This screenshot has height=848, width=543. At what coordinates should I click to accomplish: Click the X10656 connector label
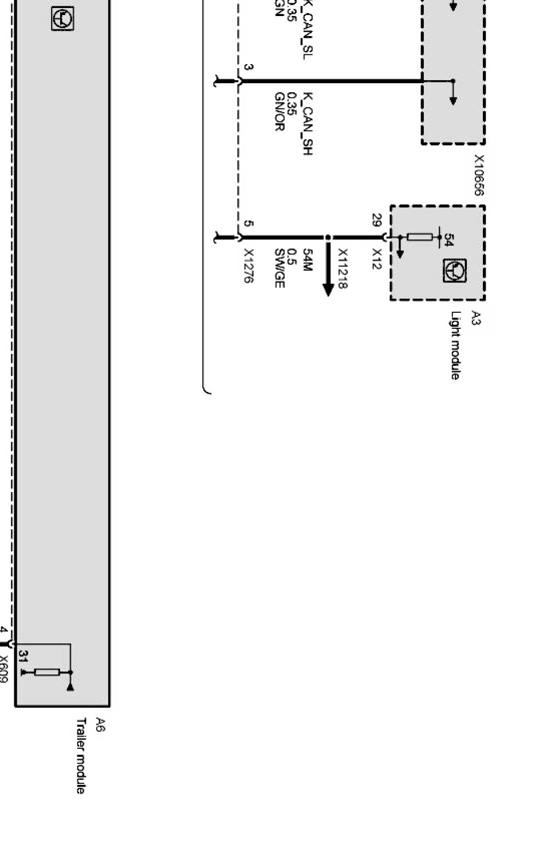[479, 175]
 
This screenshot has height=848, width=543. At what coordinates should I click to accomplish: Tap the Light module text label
[455, 346]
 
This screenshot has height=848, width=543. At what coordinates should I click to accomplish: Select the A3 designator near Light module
[475, 319]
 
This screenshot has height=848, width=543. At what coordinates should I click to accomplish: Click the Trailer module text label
[81, 756]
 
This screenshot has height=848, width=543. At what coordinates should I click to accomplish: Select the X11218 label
[343, 269]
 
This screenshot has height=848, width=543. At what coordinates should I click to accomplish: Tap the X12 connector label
[376, 259]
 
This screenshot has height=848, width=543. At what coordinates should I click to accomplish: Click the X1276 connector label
[249, 266]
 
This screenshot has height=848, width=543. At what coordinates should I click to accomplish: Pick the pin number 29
[376, 220]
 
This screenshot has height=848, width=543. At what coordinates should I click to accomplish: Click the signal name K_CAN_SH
[307, 124]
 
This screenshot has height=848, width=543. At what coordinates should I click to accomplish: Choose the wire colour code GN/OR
[280, 112]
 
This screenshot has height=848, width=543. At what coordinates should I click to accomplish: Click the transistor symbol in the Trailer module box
[62, 19]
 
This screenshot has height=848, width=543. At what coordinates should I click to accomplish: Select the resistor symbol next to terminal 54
[420, 237]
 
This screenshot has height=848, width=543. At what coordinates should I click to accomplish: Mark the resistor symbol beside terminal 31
[47, 672]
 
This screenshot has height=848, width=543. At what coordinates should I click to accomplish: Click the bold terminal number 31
[23, 655]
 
